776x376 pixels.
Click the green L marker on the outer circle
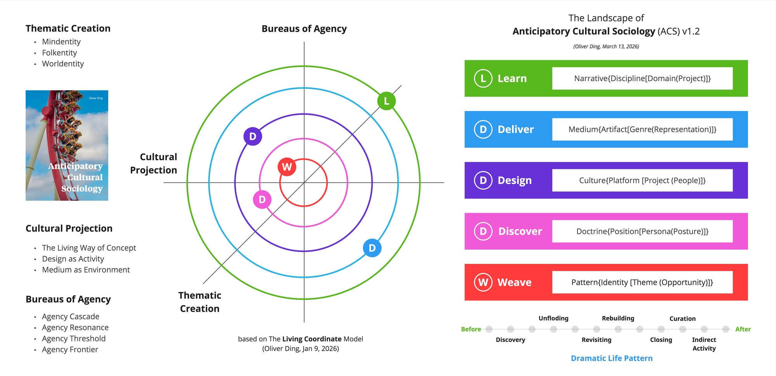(x=386, y=101)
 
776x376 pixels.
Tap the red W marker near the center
(x=287, y=167)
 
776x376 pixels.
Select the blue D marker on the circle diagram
(x=372, y=248)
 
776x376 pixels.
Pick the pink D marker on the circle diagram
(x=262, y=200)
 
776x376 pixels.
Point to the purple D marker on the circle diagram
(x=253, y=136)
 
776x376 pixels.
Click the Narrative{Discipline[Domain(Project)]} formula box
(x=642, y=78)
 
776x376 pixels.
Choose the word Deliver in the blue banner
(x=516, y=129)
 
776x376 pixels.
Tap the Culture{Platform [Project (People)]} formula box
(x=642, y=180)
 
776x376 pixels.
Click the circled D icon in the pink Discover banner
(x=483, y=232)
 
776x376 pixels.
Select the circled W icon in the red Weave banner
(x=483, y=282)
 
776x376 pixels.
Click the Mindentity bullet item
(x=61, y=42)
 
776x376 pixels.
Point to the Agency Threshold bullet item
(x=74, y=339)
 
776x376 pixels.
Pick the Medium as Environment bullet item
(x=86, y=270)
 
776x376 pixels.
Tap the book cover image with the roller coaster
(x=67, y=145)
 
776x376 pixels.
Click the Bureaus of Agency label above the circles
(x=304, y=29)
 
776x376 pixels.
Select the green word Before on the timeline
(x=471, y=329)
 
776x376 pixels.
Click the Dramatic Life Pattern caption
(x=611, y=358)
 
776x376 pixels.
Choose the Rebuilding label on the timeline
(x=618, y=319)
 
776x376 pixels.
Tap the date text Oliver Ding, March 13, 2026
(x=606, y=47)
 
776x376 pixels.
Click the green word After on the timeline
(x=743, y=329)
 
